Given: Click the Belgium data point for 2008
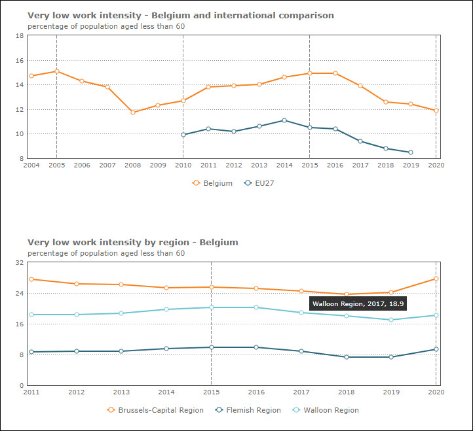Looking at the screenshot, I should pyautogui.click(x=133, y=112).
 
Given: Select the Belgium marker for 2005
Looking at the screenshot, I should pyautogui.click(x=57, y=71).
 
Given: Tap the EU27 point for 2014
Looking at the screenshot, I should pyautogui.click(x=284, y=120).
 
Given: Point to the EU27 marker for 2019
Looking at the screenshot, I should pyautogui.click(x=411, y=152).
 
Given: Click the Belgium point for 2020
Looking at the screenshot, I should pyautogui.click(x=436, y=111).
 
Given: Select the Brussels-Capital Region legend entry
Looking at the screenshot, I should pyautogui.click(x=155, y=410).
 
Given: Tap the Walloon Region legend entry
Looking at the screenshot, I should pyautogui.click(x=326, y=410).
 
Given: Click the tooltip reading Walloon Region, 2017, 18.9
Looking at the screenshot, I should pyautogui.click(x=358, y=303).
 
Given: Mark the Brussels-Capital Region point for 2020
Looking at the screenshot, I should pyautogui.click(x=436, y=279).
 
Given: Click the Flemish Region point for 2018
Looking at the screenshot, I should pyautogui.click(x=346, y=357).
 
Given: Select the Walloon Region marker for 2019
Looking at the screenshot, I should pyautogui.click(x=391, y=320).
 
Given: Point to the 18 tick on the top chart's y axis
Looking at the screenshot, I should pyautogui.click(x=20, y=36).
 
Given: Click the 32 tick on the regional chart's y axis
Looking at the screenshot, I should pyautogui.click(x=20, y=263).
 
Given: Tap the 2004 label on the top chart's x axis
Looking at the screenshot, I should pyautogui.click(x=31, y=165).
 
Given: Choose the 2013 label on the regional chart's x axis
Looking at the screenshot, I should pyautogui.click(x=121, y=392).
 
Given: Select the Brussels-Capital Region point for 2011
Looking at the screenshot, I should pyautogui.click(x=31, y=279).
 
